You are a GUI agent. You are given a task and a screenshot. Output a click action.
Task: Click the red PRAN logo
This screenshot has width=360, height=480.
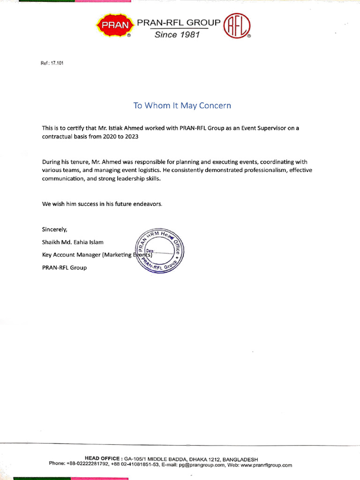pyautogui.click(x=112, y=25)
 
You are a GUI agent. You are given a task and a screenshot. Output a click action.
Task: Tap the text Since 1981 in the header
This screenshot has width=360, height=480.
pyautogui.click(x=177, y=35)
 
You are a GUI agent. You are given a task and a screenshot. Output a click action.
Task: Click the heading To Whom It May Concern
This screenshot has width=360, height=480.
pyautogui.click(x=182, y=105)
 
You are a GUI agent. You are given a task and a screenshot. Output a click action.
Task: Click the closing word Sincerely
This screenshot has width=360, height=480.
pyautogui.click(x=54, y=229)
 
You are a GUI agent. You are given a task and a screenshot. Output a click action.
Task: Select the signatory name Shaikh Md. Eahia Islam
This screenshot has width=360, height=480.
pyautogui.click(x=73, y=242)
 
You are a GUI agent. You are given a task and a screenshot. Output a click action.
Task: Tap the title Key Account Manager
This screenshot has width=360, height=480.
pyautogui.click(x=70, y=255)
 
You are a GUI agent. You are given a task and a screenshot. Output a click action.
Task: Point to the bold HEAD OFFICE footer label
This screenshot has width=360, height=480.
pyautogui.click(x=103, y=459)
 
